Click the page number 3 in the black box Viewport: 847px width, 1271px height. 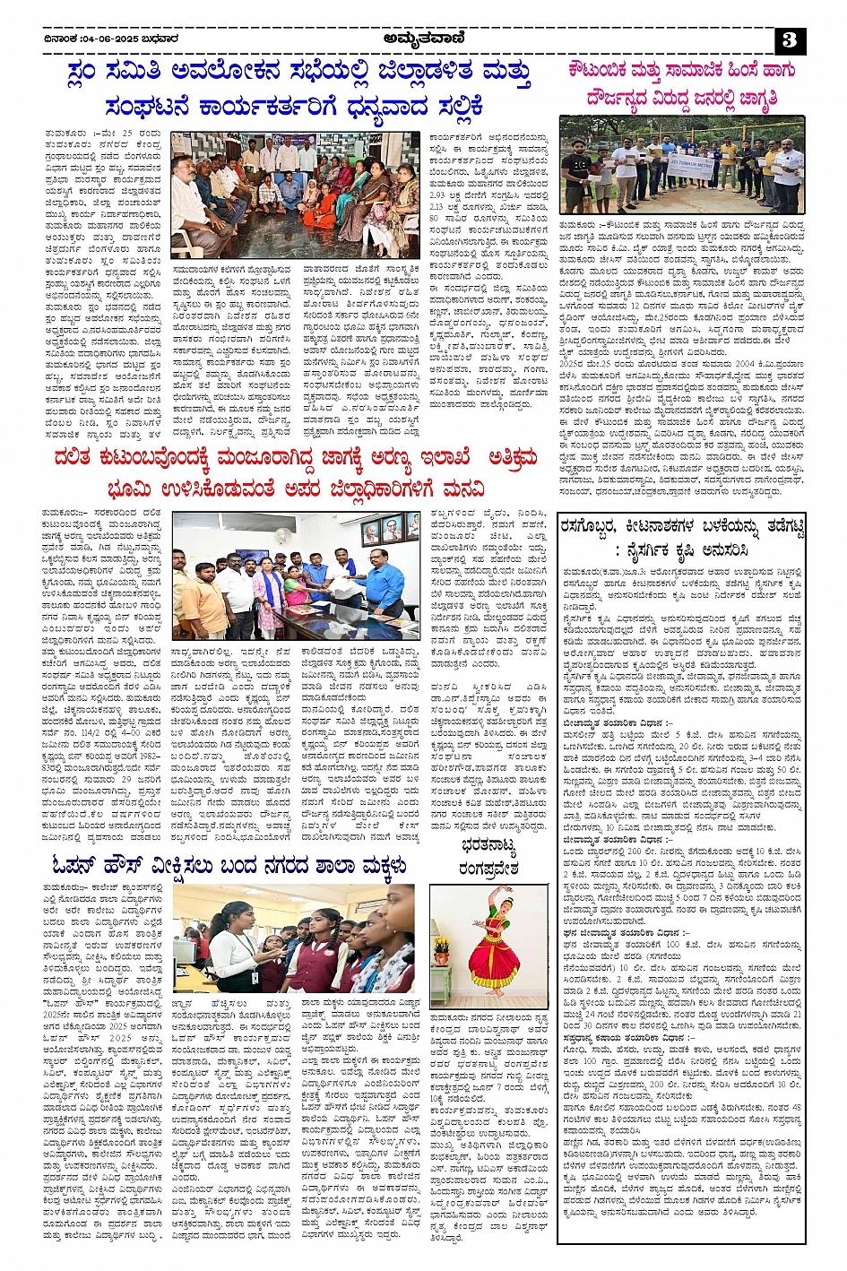point(791,39)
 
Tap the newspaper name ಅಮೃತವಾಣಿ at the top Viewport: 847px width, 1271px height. point(423,38)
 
